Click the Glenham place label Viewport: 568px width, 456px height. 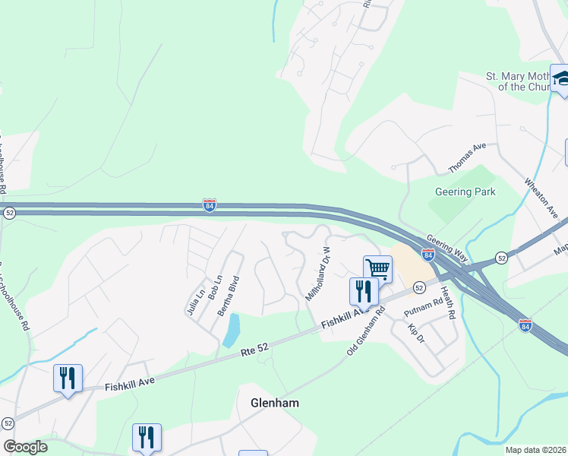tap(274, 403)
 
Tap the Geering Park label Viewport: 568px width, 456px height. tap(465, 192)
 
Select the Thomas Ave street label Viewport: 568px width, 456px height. tap(467, 158)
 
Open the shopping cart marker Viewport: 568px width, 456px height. tap(377, 268)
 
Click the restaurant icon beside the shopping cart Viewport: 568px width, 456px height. tap(364, 291)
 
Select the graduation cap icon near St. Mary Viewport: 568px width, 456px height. tap(562, 78)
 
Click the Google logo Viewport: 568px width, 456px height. tap(25, 447)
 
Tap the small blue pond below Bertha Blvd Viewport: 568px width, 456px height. tap(232, 331)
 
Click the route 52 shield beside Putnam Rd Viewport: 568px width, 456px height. tap(419, 287)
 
